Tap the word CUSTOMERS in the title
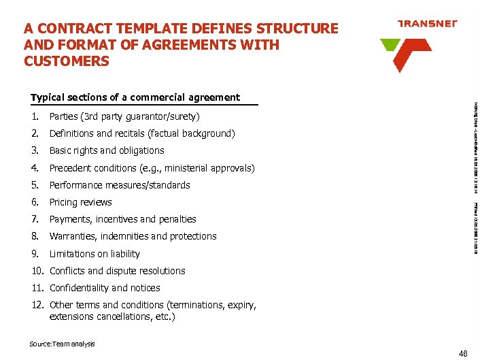point(66,61)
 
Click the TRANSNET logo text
point(428,23)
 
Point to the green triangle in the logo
point(390,45)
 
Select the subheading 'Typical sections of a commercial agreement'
point(135,97)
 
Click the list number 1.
point(34,116)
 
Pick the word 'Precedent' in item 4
point(70,168)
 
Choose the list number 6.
point(34,202)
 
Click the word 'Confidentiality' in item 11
point(79,288)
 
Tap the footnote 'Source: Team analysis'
point(62,344)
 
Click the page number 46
point(464,353)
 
